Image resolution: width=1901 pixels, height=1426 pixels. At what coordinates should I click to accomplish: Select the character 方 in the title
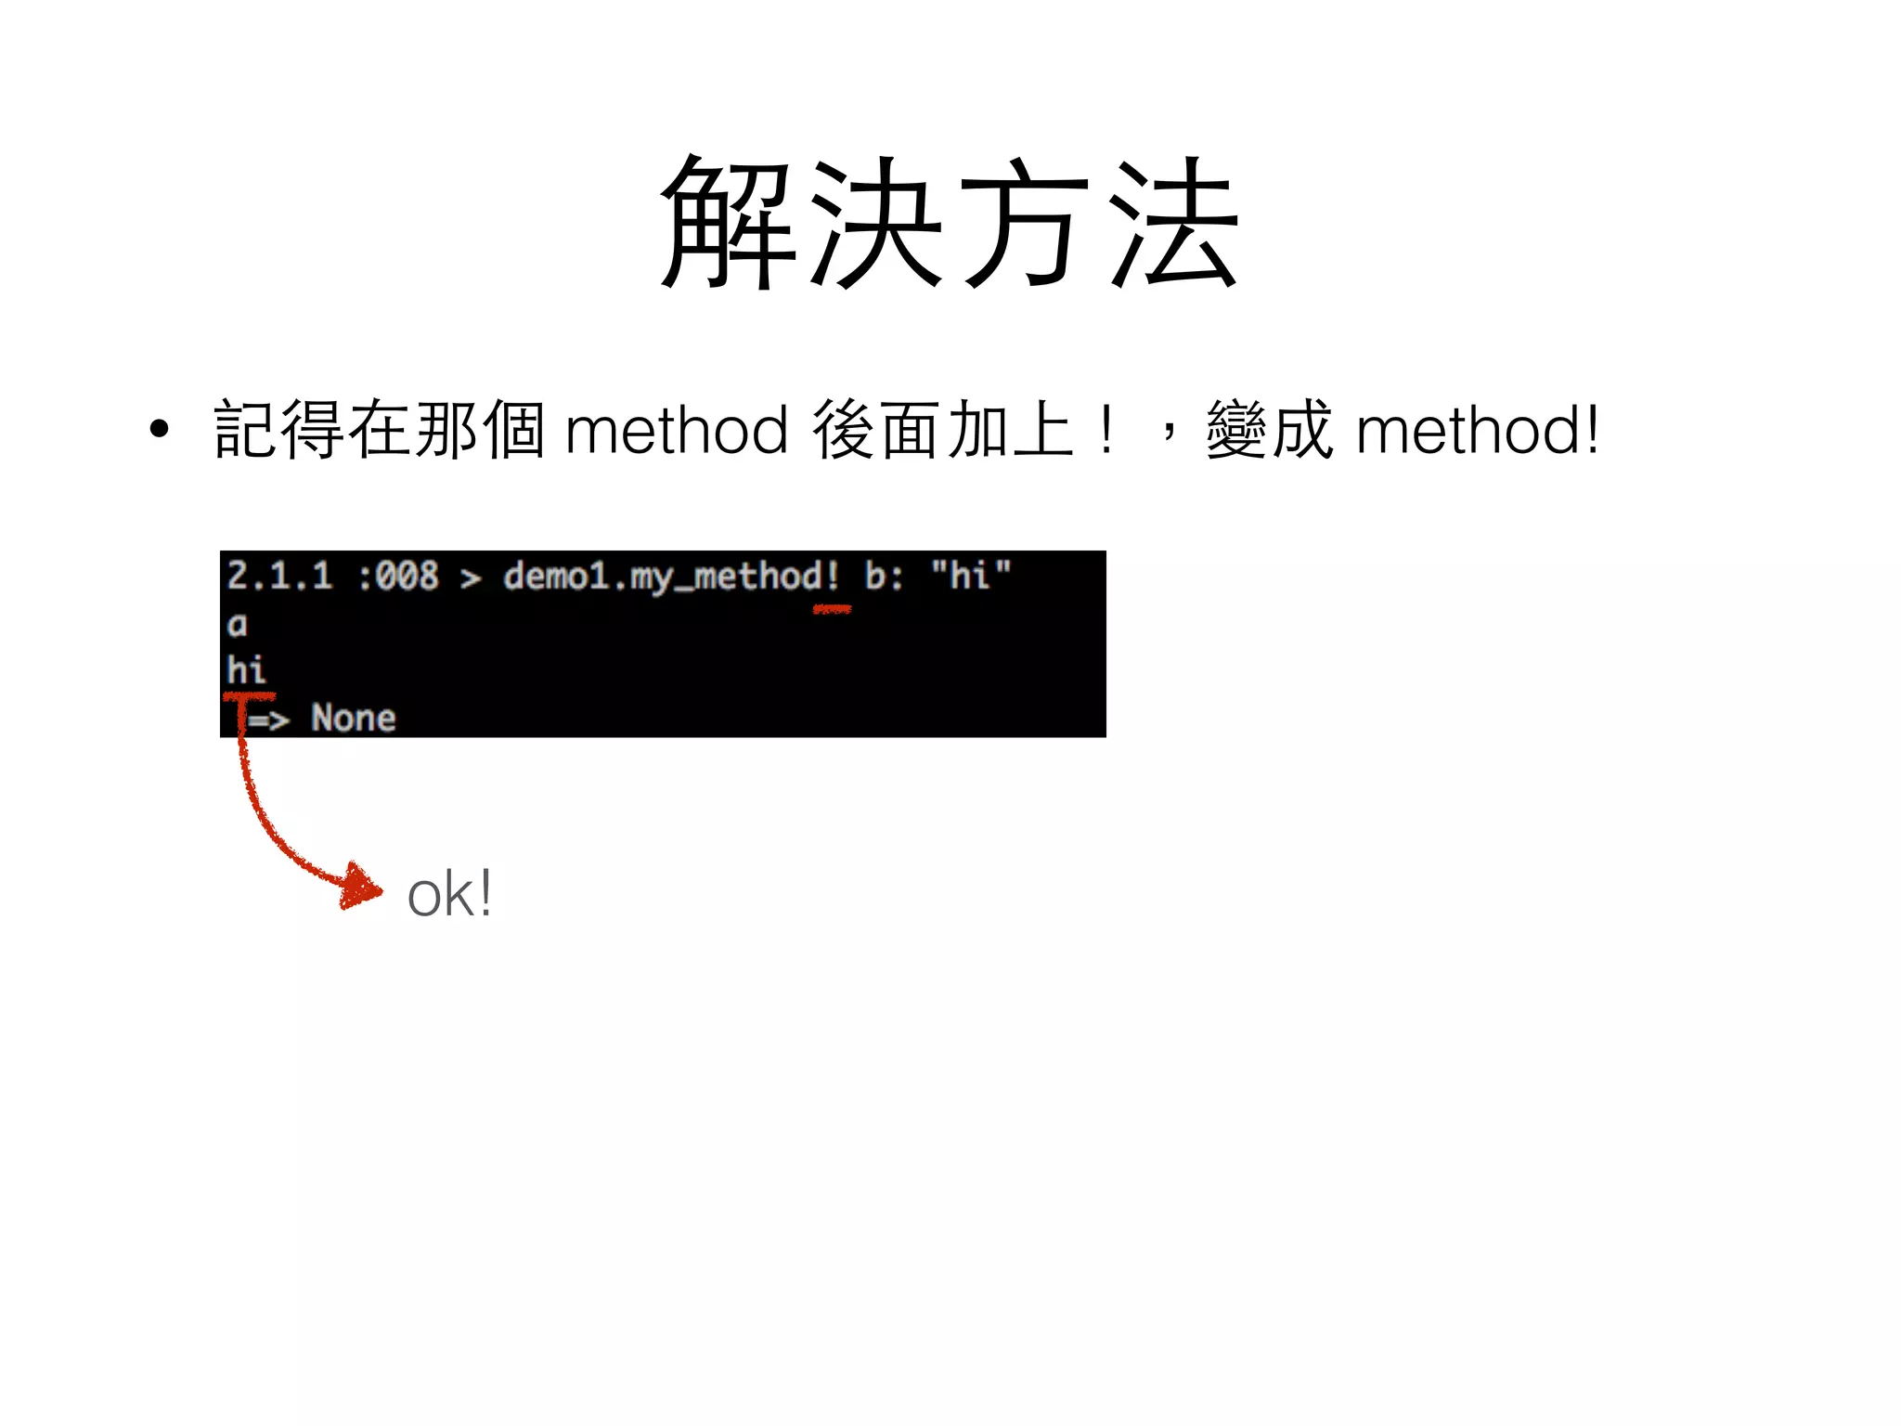1025,223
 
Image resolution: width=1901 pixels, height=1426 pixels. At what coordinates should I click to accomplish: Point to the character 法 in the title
1173,223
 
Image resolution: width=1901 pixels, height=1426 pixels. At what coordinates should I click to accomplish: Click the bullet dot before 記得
160,429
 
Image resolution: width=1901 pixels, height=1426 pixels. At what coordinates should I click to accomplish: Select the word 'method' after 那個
677,431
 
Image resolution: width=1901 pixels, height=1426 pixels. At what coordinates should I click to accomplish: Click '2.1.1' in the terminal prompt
279,577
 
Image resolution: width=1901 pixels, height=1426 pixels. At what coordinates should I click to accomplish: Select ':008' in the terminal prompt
398,577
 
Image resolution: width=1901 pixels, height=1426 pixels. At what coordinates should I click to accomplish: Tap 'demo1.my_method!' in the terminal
671,577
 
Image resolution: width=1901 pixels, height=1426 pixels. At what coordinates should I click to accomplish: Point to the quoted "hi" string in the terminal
970,576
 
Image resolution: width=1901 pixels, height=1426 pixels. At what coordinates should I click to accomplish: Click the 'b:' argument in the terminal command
884,577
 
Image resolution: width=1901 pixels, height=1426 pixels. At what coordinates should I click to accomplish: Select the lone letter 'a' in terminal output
238,625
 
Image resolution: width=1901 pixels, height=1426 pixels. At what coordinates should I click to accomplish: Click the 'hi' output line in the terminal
246,669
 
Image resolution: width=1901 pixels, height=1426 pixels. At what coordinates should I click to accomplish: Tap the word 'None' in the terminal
354,718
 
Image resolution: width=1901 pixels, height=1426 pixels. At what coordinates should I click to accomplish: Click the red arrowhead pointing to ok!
361,887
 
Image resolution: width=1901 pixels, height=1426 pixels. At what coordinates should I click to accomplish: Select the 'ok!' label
450,894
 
